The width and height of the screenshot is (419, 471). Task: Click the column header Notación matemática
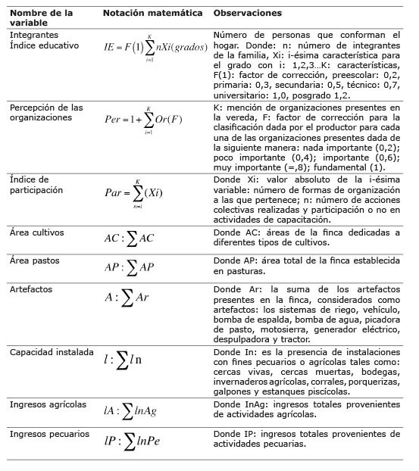click(x=154, y=14)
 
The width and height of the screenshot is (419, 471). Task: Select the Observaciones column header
click(x=247, y=14)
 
